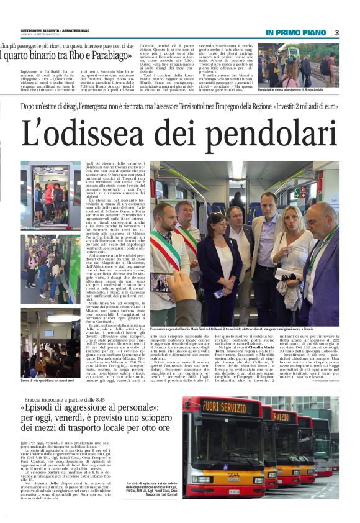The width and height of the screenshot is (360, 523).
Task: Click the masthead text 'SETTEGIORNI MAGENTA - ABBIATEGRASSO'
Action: [x=55, y=29]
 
